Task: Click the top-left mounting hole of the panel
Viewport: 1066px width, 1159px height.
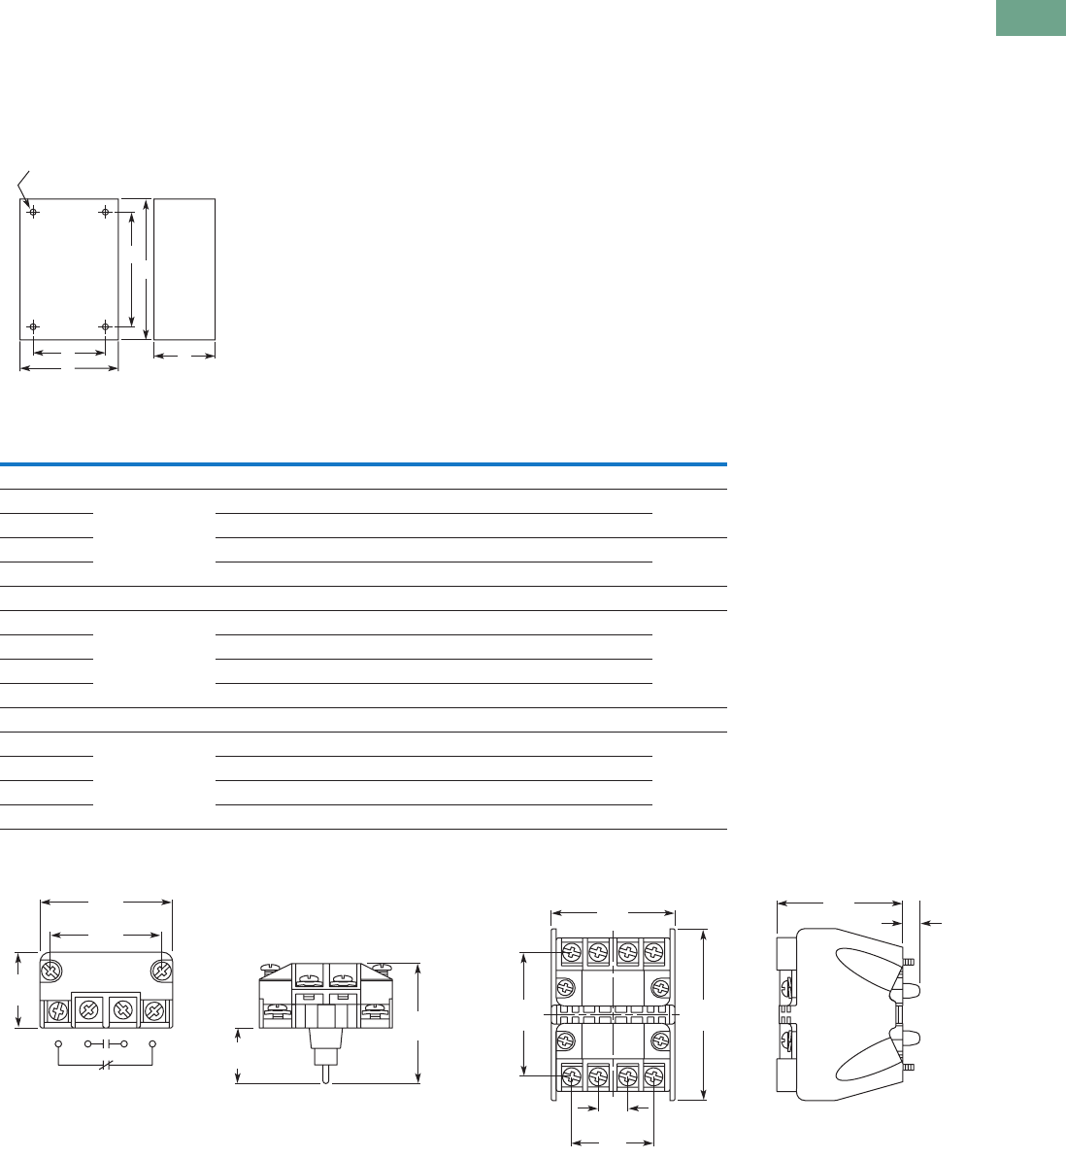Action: click(33, 212)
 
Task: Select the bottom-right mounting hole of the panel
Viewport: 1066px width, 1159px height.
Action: click(105, 326)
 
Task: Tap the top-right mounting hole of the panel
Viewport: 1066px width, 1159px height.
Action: click(105, 212)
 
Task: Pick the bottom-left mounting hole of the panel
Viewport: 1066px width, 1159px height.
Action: click(33, 326)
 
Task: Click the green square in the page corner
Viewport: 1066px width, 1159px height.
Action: click(1030, 17)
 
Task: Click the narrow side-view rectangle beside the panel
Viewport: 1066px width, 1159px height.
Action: click(184, 269)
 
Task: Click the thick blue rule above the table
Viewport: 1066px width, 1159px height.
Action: click(363, 464)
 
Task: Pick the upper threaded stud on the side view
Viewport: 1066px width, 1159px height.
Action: click(908, 962)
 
